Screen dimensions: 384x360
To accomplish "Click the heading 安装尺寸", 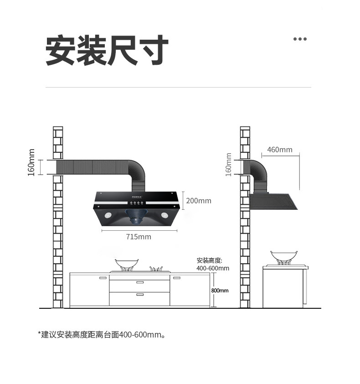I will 108,50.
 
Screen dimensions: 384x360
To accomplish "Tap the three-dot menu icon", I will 300,39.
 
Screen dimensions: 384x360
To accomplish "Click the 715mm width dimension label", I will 139,237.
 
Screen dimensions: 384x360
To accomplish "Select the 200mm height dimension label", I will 199,201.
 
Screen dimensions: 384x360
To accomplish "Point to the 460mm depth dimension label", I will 280,150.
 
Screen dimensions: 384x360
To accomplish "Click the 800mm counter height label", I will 220,291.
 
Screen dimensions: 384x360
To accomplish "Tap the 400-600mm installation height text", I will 213,268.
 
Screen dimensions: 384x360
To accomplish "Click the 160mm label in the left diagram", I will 31,163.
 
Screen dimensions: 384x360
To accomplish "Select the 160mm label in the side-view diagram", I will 229,164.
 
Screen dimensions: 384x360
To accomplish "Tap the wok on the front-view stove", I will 126,264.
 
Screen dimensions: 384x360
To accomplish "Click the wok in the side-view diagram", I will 283,257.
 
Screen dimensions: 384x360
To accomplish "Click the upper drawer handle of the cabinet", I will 139,283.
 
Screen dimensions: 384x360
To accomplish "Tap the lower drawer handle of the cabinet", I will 139,295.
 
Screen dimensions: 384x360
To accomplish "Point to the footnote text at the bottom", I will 101,335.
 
